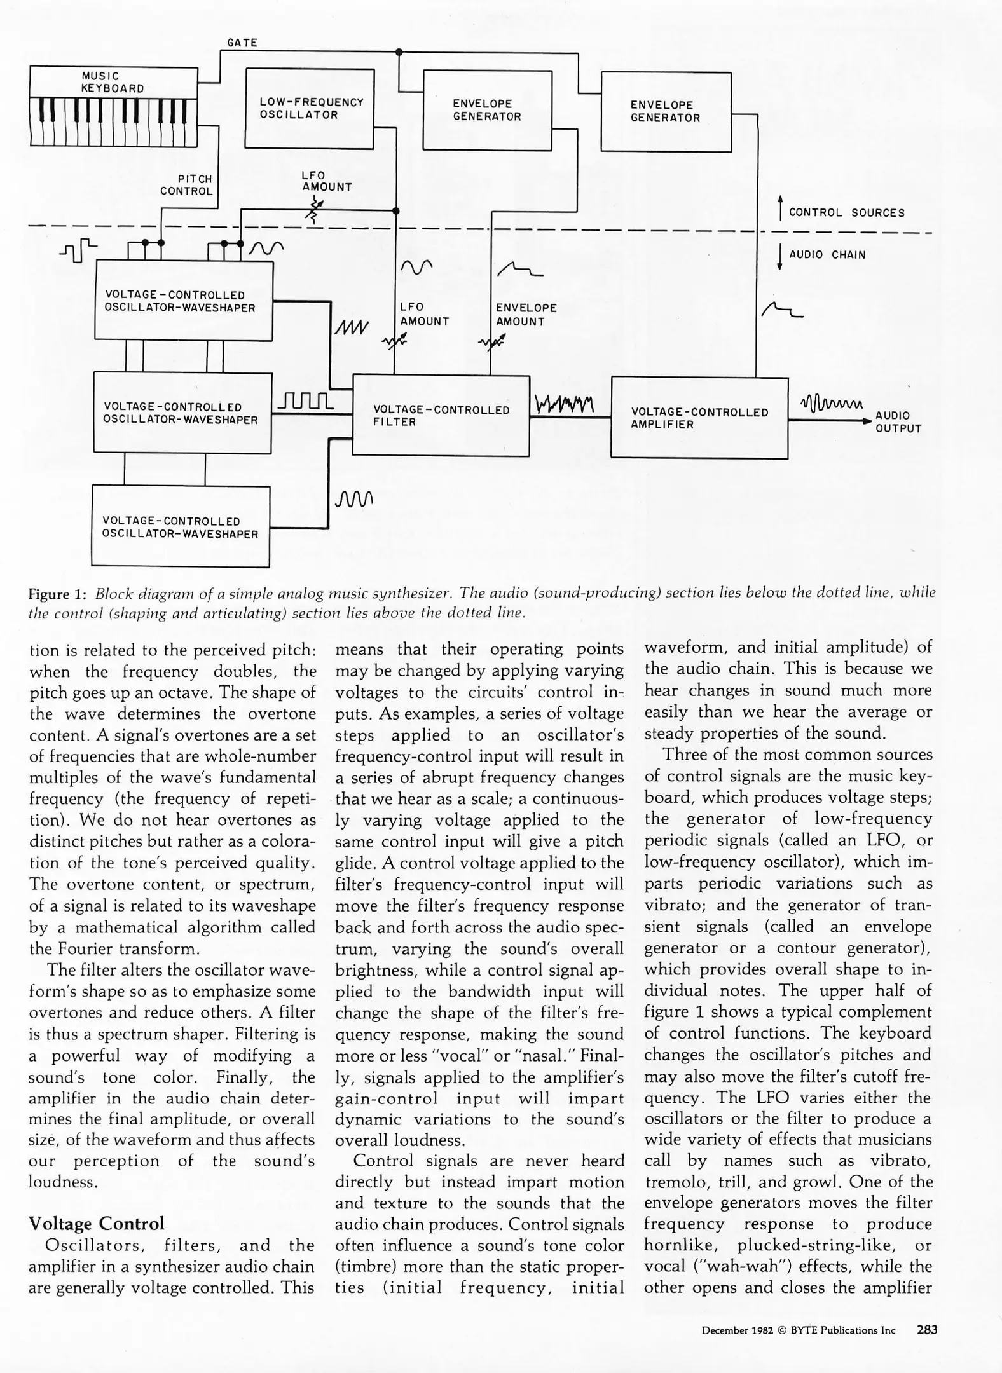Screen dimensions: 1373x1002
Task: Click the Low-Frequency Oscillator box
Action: [x=310, y=109]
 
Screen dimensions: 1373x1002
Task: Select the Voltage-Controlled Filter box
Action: [x=441, y=416]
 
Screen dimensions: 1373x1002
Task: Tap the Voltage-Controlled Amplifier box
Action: [x=699, y=418]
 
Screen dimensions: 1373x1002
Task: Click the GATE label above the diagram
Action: [x=242, y=43]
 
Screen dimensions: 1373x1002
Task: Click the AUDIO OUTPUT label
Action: [x=898, y=421]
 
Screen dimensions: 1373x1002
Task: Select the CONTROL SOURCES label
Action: [x=846, y=213]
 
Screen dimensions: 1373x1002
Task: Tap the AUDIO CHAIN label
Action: [x=827, y=255]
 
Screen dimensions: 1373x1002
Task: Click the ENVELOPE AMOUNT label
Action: [x=526, y=315]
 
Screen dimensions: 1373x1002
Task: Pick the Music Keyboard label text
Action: [x=113, y=82]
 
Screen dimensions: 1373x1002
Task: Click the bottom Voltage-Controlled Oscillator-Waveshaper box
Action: [x=181, y=527]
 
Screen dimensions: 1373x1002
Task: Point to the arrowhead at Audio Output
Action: [x=867, y=421]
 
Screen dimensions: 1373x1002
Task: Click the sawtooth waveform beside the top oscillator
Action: [x=350, y=328]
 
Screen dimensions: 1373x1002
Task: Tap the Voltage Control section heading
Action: [x=97, y=1223]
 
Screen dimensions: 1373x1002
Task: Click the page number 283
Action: [x=926, y=1329]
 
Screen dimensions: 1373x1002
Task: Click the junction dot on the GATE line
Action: [x=399, y=51]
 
